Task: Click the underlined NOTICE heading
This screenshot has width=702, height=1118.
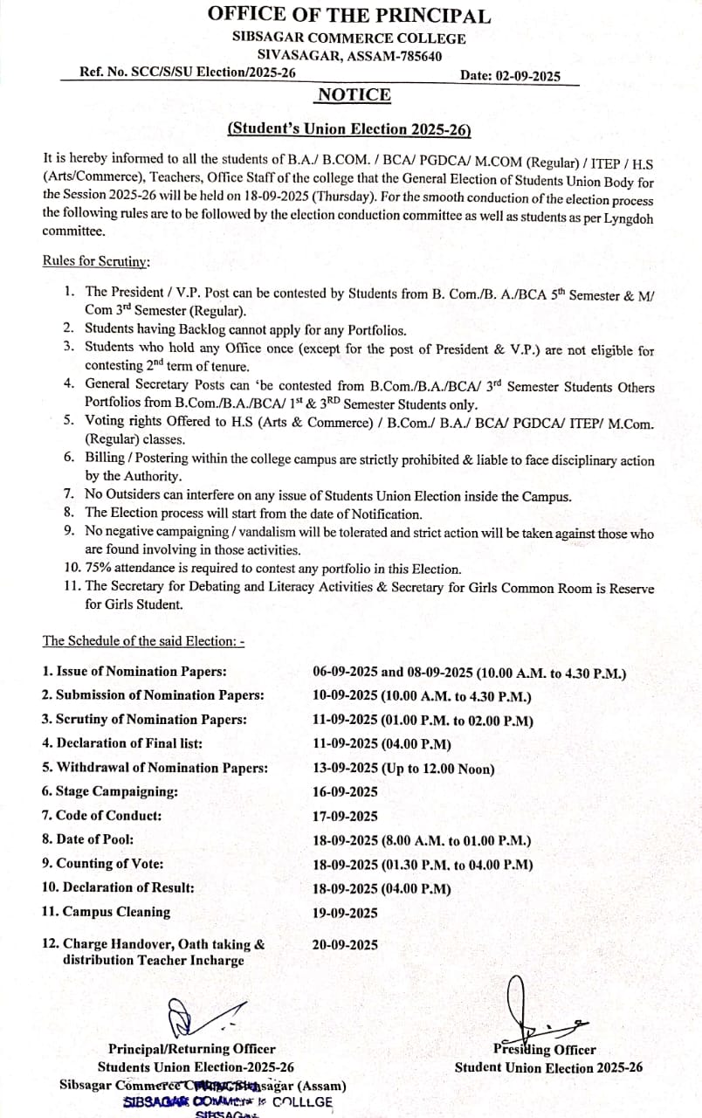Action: tap(354, 95)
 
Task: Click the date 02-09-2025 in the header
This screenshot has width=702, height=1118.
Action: tap(510, 76)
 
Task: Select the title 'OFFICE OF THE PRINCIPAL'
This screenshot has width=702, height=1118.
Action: tap(349, 15)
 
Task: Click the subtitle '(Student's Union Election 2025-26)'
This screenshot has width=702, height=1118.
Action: tap(349, 129)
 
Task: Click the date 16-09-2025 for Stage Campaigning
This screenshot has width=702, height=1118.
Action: tap(345, 791)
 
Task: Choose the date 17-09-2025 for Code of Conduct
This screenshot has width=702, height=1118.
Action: tap(345, 816)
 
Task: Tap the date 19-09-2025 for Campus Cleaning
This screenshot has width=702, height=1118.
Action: tap(345, 912)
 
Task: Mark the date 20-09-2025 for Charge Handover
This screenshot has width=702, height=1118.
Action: tap(345, 944)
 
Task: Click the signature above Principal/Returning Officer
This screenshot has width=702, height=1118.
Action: tap(192, 1018)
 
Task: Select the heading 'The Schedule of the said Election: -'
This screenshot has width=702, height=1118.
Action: tap(143, 641)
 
